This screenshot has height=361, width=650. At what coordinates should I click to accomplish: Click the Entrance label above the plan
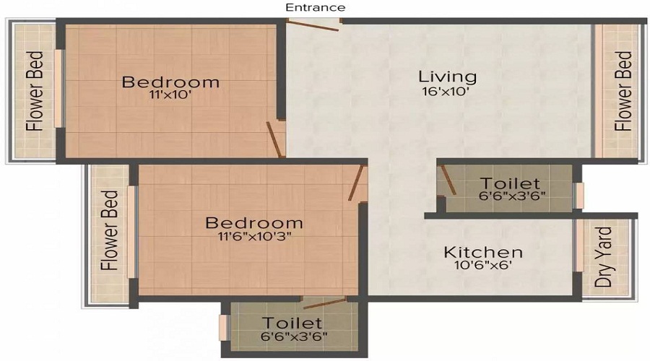click(316, 7)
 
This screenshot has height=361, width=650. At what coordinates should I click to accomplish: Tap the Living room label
click(447, 77)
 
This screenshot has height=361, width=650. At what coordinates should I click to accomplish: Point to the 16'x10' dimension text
click(446, 92)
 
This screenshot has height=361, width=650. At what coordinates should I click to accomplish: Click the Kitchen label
click(483, 252)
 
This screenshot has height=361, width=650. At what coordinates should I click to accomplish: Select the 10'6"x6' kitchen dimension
click(483, 265)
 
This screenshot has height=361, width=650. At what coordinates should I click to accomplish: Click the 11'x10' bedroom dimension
click(170, 95)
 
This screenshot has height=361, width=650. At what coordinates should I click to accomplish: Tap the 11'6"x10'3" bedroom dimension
click(254, 236)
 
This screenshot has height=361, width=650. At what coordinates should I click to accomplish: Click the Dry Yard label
click(603, 257)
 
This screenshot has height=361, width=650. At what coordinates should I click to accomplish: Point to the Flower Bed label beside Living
click(623, 91)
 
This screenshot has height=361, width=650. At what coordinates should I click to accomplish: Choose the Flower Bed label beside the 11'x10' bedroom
click(35, 91)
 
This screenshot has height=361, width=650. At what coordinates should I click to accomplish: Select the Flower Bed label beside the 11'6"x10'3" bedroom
click(110, 230)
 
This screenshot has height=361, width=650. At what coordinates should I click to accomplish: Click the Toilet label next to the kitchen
click(510, 183)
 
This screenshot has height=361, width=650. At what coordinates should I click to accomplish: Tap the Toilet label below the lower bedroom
click(292, 323)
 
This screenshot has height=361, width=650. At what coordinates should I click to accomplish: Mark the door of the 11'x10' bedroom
click(275, 139)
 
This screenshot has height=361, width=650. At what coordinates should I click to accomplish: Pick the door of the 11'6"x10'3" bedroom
click(355, 183)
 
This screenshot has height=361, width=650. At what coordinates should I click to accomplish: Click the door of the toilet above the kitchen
click(448, 180)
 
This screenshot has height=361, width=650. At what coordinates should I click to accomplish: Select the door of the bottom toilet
click(325, 303)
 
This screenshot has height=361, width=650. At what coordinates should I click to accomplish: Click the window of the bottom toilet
click(223, 328)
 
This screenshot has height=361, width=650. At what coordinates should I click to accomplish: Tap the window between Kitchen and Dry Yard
click(579, 245)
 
